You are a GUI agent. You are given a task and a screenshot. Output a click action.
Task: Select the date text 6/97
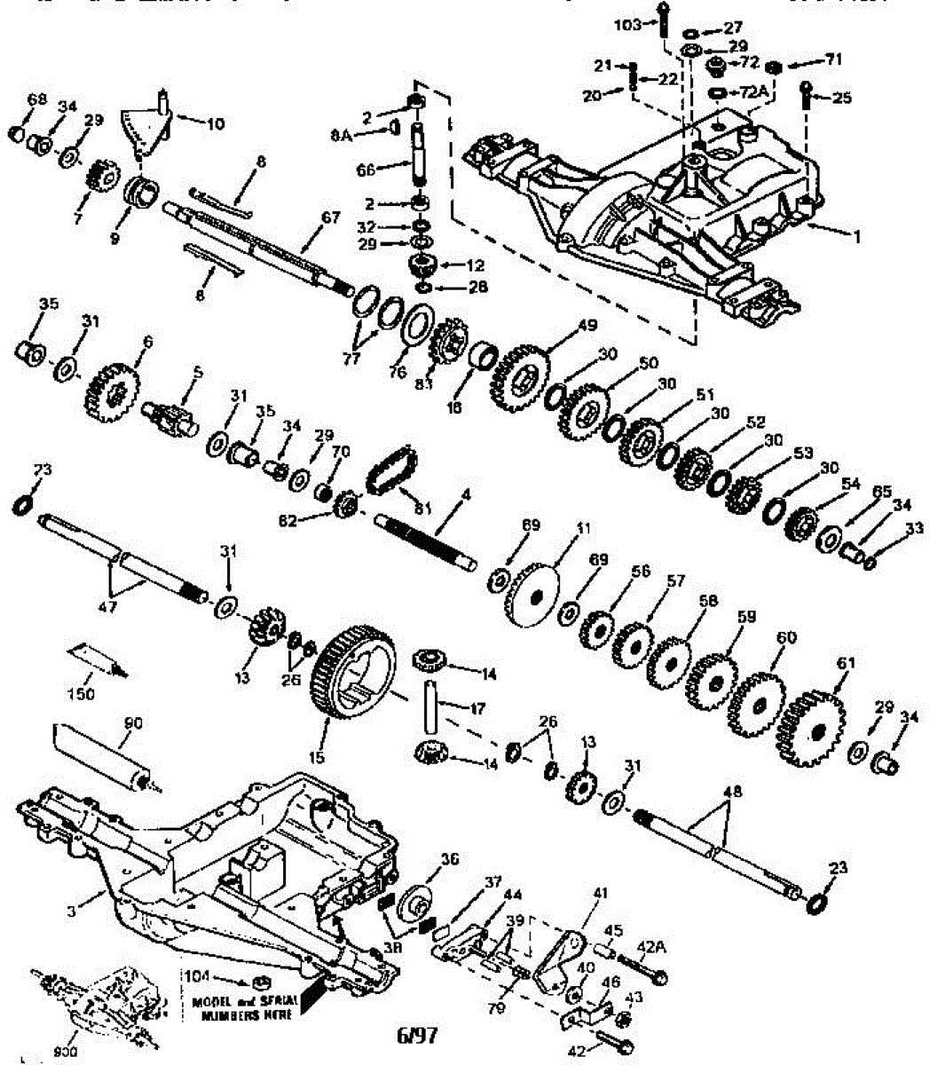[417, 1035]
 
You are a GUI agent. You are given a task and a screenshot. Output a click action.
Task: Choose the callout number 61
[846, 663]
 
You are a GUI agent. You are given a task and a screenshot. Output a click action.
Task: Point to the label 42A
[652, 947]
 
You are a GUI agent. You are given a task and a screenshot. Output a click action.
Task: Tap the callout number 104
[197, 977]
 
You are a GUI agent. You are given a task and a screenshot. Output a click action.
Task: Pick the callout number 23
[839, 869]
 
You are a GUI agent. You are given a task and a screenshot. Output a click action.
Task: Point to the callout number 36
[450, 859]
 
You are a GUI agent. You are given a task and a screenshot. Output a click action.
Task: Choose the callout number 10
[214, 124]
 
